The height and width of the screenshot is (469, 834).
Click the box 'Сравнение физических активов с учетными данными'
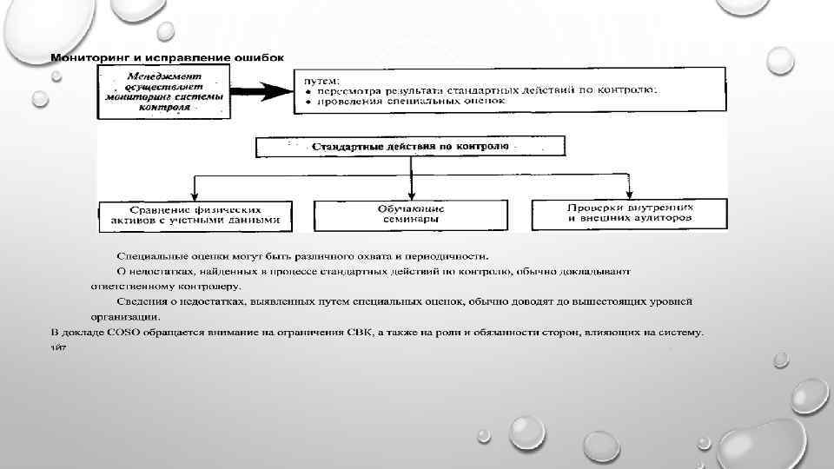click(x=195, y=215)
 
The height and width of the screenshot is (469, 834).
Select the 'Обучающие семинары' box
click(x=411, y=215)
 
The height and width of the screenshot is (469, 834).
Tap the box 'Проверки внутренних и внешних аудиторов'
click(x=630, y=215)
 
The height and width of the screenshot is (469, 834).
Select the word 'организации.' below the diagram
click(x=123, y=317)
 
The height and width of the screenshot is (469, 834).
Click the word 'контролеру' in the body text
click(x=211, y=286)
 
